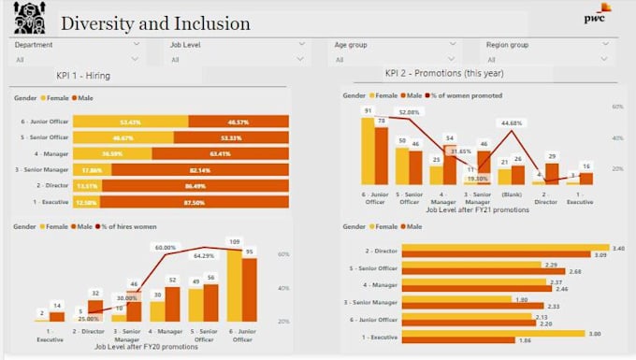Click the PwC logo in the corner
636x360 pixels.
pos(597,15)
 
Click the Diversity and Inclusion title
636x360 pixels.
pos(155,23)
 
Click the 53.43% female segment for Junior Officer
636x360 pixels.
pos(130,122)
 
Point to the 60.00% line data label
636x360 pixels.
pos(166,248)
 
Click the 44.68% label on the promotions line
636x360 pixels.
pos(511,122)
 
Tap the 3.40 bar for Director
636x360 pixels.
pos(506,249)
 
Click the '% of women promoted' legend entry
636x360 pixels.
pos(469,95)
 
